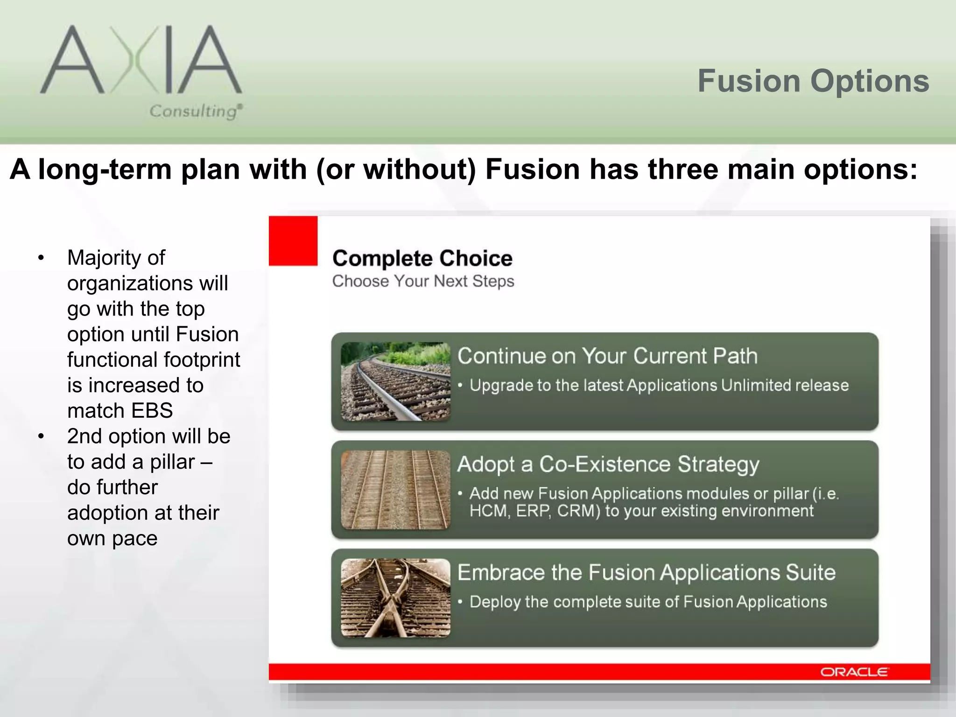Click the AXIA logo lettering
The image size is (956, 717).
click(140, 60)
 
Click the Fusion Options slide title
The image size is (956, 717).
click(813, 81)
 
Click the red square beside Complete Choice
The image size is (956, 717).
click(293, 241)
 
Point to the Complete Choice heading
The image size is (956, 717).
click(422, 258)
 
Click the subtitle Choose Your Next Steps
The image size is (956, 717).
click(423, 281)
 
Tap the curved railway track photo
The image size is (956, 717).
click(395, 381)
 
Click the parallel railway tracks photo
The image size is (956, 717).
click(395, 490)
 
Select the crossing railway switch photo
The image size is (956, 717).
click(395, 598)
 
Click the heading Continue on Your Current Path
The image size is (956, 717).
click(607, 356)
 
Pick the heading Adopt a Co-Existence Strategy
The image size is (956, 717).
click(608, 464)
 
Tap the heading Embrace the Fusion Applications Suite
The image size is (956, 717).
click(646, 573)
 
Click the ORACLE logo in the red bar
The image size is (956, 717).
click(854, 672)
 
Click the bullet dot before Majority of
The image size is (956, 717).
click(41, 258)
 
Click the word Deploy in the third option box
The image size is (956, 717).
click(495, 602)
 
